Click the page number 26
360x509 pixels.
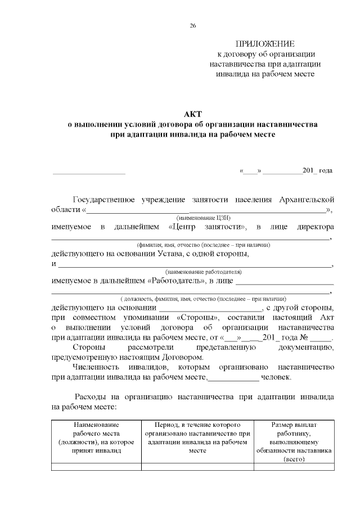(x=193, y=26)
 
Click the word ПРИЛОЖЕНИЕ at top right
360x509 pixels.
(x=265, y=44)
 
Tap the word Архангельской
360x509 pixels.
(x=307, y=200)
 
